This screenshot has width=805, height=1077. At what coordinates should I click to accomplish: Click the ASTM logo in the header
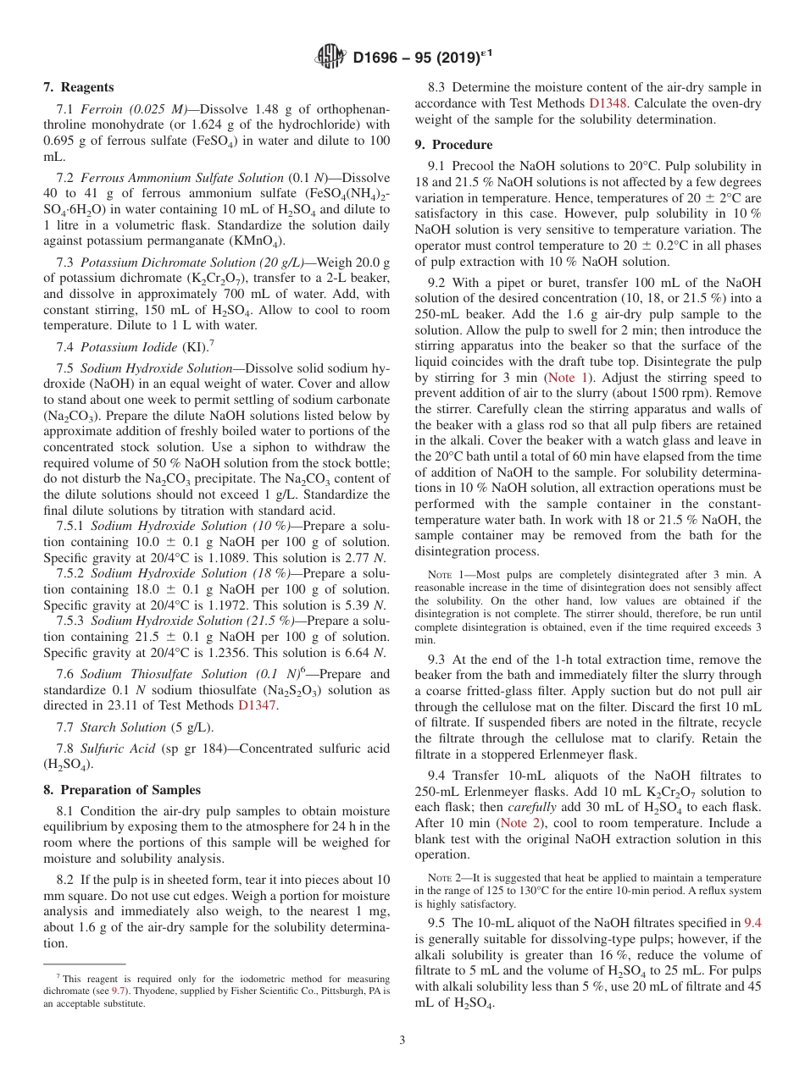[330, 58]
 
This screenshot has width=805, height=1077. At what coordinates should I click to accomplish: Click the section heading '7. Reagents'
[78, 87]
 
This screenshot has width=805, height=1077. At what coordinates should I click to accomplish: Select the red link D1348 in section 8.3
[609, 103]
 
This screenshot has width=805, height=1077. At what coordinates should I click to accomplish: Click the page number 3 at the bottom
[402, 1041]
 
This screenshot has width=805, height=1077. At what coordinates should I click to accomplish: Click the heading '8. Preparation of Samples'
[121, 790]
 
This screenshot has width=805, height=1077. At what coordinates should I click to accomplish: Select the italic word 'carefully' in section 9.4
[534, 807]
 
